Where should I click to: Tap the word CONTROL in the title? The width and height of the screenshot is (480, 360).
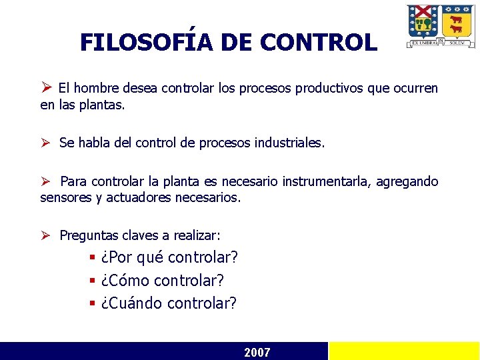tap(318, 43)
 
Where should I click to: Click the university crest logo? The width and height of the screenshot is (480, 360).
tap(441, 26)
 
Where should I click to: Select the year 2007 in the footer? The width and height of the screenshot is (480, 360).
tap(257, 352)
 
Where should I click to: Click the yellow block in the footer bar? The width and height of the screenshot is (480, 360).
tap(404, 351)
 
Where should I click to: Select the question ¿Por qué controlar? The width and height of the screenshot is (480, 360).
tap(169, 257)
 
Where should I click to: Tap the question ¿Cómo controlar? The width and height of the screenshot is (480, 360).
tap(162, 281)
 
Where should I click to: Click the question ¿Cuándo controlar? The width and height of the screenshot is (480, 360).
tap(169, 303)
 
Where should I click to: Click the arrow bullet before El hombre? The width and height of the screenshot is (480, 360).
tap(46, 87)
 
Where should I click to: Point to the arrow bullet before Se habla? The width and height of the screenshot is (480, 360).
tap(46, 143)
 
